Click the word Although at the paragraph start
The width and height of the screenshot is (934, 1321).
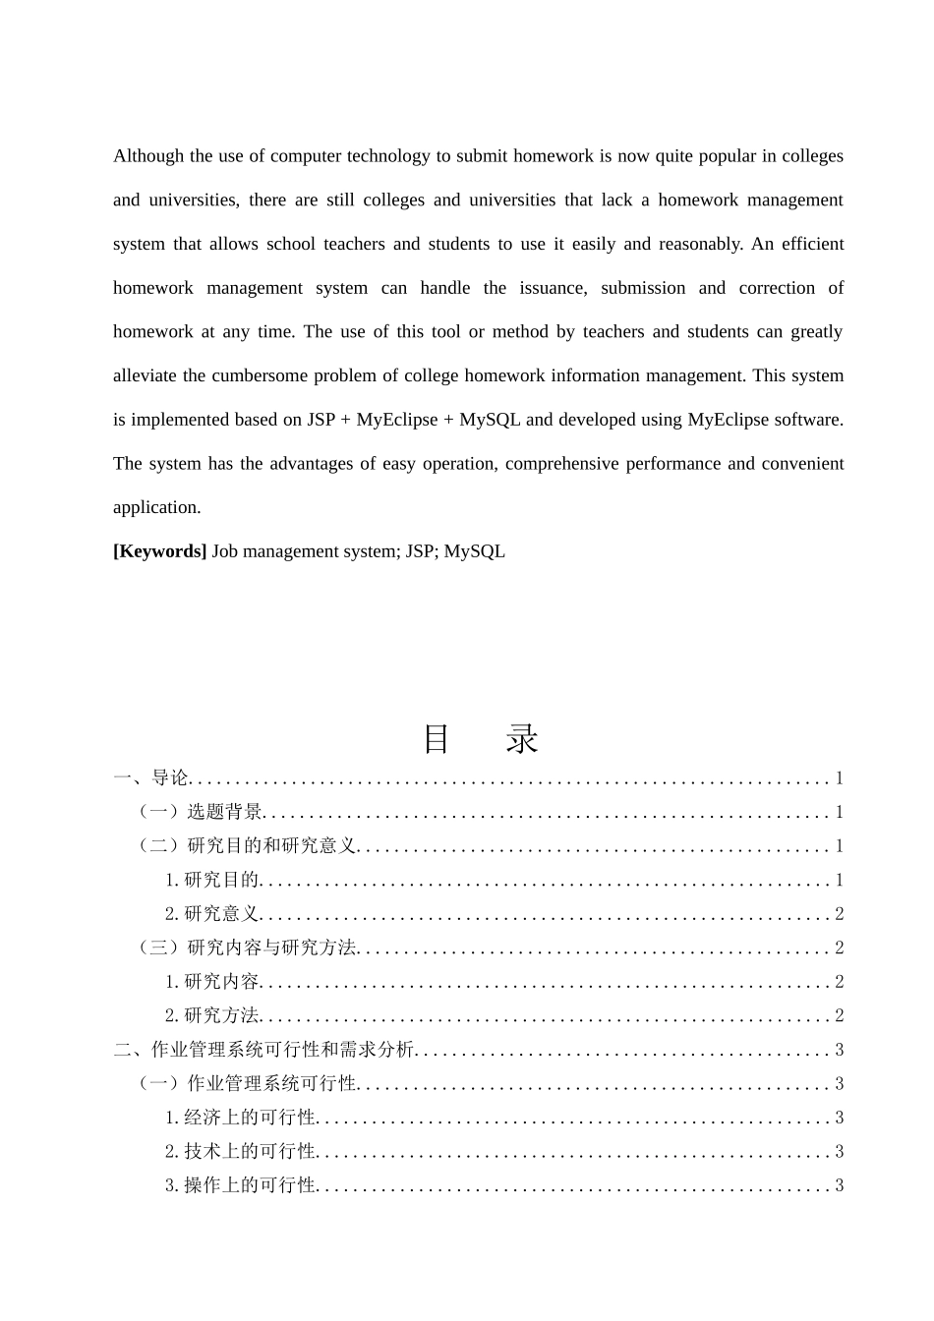pos(148,156)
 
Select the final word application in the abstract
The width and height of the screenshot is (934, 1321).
pos(156,508)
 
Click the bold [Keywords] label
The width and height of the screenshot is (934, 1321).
pos(159,551)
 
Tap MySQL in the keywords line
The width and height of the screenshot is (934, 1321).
pos(474,551)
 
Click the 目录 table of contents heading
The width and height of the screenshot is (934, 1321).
pos(481,739)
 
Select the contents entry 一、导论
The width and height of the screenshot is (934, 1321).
pos(150,778)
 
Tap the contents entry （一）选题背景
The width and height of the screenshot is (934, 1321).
pos(200,812)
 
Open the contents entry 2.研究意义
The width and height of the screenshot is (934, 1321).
pos(211,914)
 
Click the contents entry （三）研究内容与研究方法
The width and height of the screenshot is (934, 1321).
pos(247,948)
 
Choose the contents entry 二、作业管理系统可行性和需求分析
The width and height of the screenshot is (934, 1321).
pos(263,1050)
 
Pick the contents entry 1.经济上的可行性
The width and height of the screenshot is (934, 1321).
pos(240,1118)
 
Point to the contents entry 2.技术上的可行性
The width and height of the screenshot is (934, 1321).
pos(240,1151)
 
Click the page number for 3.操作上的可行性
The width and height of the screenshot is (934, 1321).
pos(839,1185)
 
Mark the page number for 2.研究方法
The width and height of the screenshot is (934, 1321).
pos(839,1015)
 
